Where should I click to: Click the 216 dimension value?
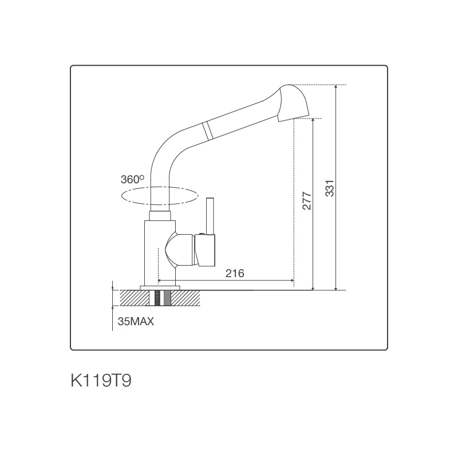(x=235, y=274)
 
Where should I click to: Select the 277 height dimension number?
(x=306, y=201)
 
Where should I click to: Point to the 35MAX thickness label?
(x=136, y=322)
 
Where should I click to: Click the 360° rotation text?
(x=132, y=179)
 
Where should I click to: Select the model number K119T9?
(x=100, y=381)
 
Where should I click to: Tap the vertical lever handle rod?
(x=210, y=216)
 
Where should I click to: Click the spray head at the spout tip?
(x=294, y=103)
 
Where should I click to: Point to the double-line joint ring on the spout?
(x=208, y=130)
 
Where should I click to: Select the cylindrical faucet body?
(x=156, y=252)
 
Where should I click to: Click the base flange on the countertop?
(x=160, y=287)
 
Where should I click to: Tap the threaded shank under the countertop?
(x=161, y=298)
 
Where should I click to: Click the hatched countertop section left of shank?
(x=134, y=298)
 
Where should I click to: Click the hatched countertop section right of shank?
(x=187, y=298)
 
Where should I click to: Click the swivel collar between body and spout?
(x=160, y=215)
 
